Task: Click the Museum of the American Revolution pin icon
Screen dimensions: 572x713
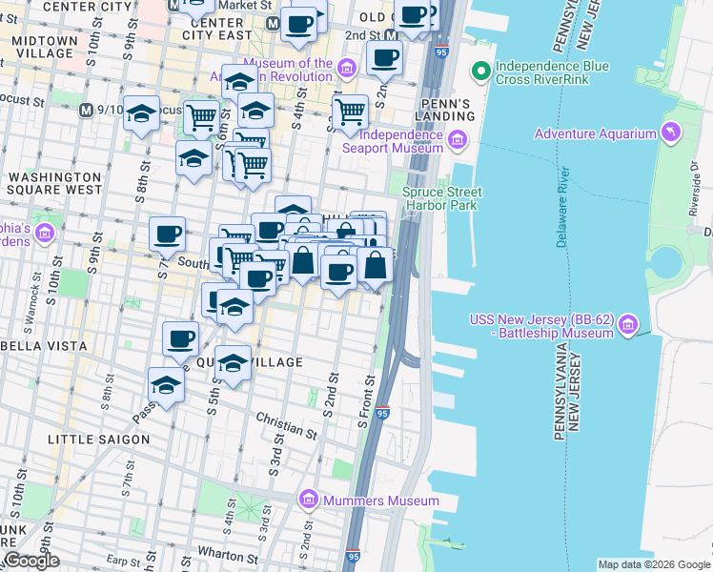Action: click(346, 66)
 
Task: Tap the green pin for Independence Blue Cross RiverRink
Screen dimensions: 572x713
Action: click(482, 71)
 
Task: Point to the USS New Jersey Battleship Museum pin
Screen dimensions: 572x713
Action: click(627, 327)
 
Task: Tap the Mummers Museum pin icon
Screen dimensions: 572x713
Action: click(308, 500)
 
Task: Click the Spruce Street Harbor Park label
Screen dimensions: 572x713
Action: click(441, 198)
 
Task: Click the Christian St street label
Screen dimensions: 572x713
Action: click(286, 425)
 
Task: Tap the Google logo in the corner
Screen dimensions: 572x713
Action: click(31, 561)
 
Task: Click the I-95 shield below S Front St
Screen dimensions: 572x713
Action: click(381, 413)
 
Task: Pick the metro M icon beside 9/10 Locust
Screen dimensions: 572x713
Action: click(87, 110)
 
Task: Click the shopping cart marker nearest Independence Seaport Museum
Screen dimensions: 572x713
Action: click(350, 112)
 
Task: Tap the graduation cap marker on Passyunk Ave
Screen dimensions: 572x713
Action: click(167, 385)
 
